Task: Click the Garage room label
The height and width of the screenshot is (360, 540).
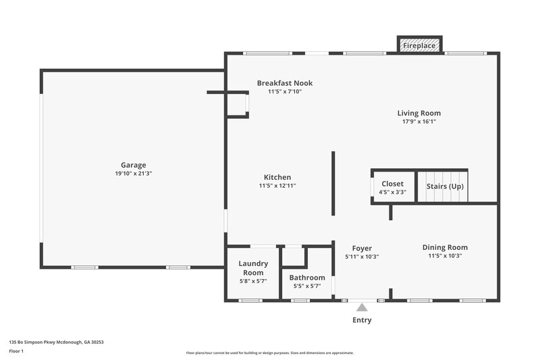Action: click(133, 165)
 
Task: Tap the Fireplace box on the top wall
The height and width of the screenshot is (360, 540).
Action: click(420, 46)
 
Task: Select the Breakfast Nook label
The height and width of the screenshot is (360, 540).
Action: click(284, 83)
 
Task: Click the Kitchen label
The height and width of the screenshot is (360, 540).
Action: click(277, 177)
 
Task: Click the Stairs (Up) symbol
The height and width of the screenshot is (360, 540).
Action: click(444, 186)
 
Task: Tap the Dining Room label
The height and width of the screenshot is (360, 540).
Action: click(445, 247)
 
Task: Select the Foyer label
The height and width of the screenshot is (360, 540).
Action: click(362, 249)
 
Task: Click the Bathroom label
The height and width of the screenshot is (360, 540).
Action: click(307, 278)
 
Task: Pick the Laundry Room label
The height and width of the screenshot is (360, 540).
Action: click(254, 267)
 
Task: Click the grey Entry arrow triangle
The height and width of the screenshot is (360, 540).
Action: click(362, 307)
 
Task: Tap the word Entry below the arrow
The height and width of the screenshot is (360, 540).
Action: click(362, 320)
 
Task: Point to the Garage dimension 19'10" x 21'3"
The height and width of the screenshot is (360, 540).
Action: click(133, 174)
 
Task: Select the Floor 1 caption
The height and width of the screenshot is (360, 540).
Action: click(17, 351)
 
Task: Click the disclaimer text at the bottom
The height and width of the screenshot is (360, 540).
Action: click(269, 353)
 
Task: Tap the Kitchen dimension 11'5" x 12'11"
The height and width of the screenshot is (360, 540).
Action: click(277, 186)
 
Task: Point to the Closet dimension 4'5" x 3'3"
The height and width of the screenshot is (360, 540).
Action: click(392, 192)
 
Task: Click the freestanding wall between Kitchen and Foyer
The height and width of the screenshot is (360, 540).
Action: click(333, 183)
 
